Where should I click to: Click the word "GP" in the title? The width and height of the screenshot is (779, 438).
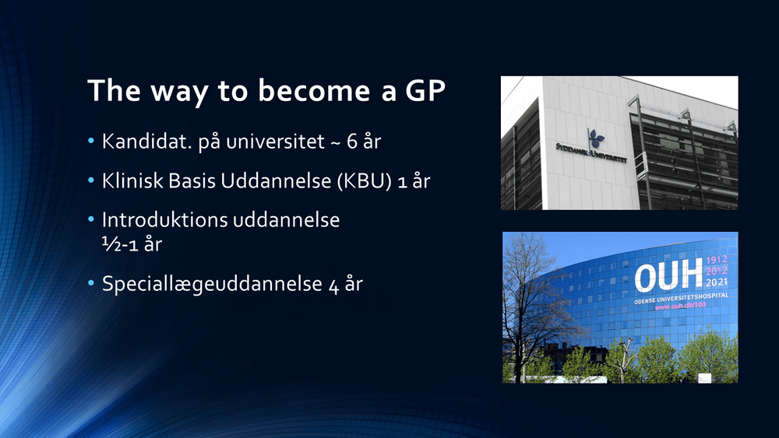point(425,90)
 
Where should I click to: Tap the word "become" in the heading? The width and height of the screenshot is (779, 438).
point(314,90)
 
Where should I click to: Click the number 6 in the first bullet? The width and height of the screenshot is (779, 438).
point(352,142)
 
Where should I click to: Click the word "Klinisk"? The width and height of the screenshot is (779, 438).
point(132,180)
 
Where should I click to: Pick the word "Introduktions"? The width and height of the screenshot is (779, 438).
point(164,219)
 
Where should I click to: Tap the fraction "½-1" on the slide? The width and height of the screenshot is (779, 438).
point(120,244)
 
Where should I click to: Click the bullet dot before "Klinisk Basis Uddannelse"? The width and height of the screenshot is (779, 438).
point(91,180)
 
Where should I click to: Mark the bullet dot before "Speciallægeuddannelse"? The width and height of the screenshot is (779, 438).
point(91,284)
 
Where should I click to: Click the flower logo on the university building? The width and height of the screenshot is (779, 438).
point(596,138)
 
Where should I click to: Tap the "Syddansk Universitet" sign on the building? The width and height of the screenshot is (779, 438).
point(591,152)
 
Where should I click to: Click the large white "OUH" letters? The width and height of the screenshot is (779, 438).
point(668,276)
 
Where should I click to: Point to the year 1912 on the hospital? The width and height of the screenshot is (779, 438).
point(717,259)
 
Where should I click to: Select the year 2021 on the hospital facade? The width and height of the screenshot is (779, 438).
point(717,282)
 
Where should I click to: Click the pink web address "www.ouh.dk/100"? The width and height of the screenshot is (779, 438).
point(680,306)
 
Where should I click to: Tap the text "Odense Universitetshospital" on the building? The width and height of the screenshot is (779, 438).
point(681,298)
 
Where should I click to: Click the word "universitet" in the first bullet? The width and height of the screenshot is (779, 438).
point(275,142)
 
